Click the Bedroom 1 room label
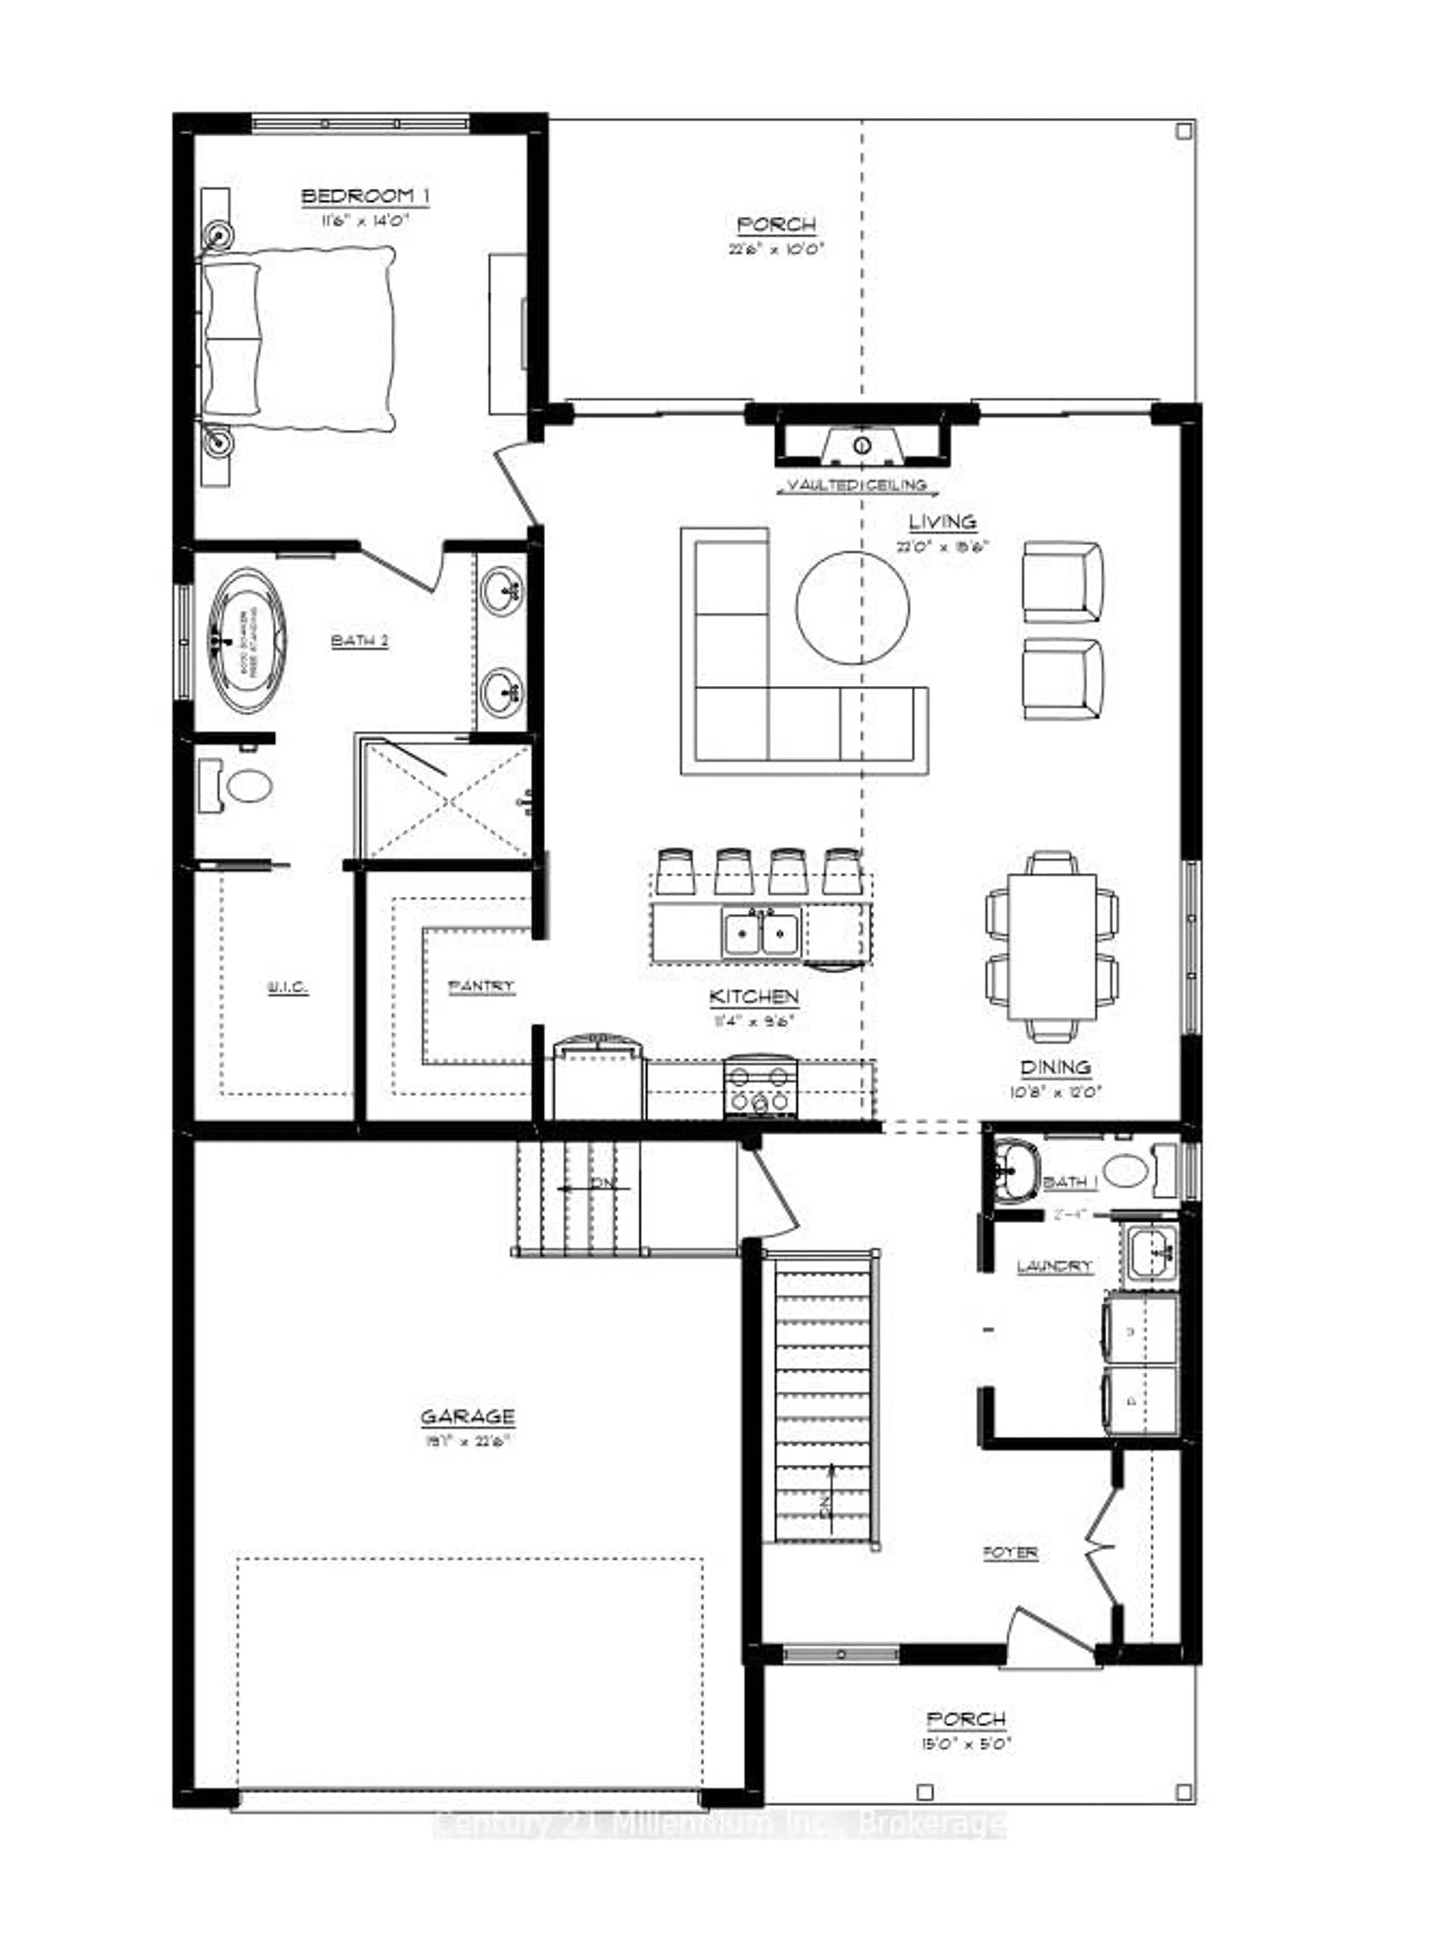364,196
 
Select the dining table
1052,947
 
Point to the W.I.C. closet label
287,987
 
